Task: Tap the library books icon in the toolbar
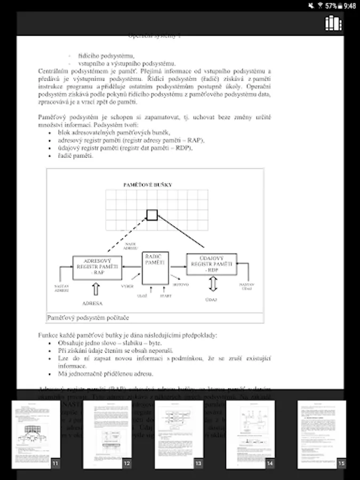coord(333,23)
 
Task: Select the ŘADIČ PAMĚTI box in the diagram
coord(155,268)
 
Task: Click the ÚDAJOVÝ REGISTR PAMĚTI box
coord(211,264)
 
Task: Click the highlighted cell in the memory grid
coord(152,215)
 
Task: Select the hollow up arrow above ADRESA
coord(96,289)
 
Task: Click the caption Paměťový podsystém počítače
coord(89,318)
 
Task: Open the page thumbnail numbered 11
coord(36,434)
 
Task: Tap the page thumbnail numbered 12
coord(107,434)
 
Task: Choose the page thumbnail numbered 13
coord(179,434)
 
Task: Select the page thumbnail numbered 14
coord(250,434)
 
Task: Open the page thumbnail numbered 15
coord(322,434)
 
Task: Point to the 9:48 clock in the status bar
coord(350,6)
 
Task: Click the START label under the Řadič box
coord(165,295)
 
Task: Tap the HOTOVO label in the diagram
coord(180,284)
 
